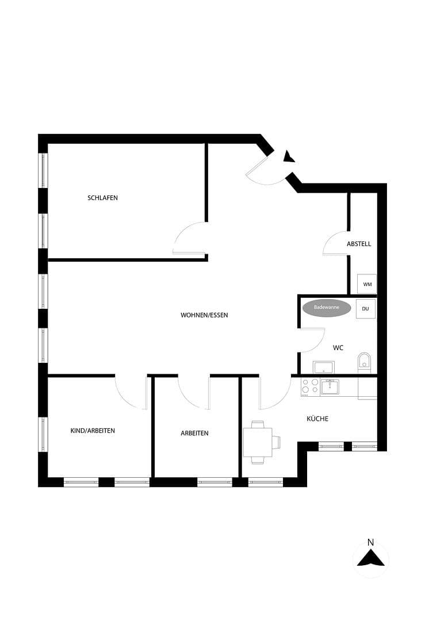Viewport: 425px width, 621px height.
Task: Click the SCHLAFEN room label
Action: click(x=102, y=198)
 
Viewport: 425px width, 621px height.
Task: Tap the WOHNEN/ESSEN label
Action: click(x=204, y=315)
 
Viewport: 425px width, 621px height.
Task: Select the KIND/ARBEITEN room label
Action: click(x=93, y=431)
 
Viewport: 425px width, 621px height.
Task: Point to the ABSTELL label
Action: click(x=359, y=244)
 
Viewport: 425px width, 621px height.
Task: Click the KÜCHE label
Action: click(x=317, y=419)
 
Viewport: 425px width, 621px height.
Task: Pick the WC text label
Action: click(x=338, y=348)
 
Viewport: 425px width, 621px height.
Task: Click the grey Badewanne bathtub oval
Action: click(x=326, y=308)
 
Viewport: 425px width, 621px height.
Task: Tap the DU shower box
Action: click(x=365, y=309)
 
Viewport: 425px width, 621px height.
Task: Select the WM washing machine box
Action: click(x=367, y=284)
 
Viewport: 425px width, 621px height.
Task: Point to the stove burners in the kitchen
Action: click(x=310, y=386)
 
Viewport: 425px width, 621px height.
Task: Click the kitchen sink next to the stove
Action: click(x=330, y=386)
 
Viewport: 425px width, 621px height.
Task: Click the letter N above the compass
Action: click(x=370, y=542)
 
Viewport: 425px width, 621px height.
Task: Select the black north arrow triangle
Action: click(x=370, y=558)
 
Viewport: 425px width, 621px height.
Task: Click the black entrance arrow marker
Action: click(x=289, y=156)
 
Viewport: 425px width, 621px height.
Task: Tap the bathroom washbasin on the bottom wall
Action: click(x=324, y=367)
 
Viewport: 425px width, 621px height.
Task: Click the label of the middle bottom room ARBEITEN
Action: click(x=194, y=433)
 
